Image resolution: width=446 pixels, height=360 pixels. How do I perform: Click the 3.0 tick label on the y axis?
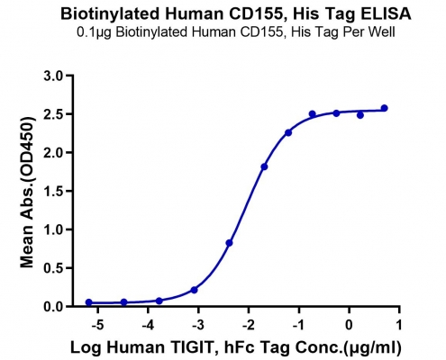point(53,76)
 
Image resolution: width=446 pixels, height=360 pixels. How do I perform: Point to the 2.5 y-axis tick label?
point(53,114)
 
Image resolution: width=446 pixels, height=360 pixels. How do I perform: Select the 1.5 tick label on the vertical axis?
point(53,191)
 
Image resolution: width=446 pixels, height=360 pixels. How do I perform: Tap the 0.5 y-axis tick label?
point(53,268)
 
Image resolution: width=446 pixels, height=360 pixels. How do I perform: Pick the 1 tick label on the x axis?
point(399,325)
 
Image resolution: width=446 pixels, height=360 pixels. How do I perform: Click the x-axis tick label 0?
point(349,325)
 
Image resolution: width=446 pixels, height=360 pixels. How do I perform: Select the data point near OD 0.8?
point(229,243)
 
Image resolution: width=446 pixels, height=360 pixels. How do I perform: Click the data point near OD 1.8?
point(264,166)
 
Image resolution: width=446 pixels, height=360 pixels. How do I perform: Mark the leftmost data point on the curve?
point(88,302)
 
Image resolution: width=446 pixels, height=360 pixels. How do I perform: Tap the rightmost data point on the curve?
point(384,108)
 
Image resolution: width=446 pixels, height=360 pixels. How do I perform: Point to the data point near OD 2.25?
point(288,132)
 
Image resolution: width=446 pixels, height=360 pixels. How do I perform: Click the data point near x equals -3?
point(195,290)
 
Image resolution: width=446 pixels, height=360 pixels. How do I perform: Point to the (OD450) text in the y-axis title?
point(27,148)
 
